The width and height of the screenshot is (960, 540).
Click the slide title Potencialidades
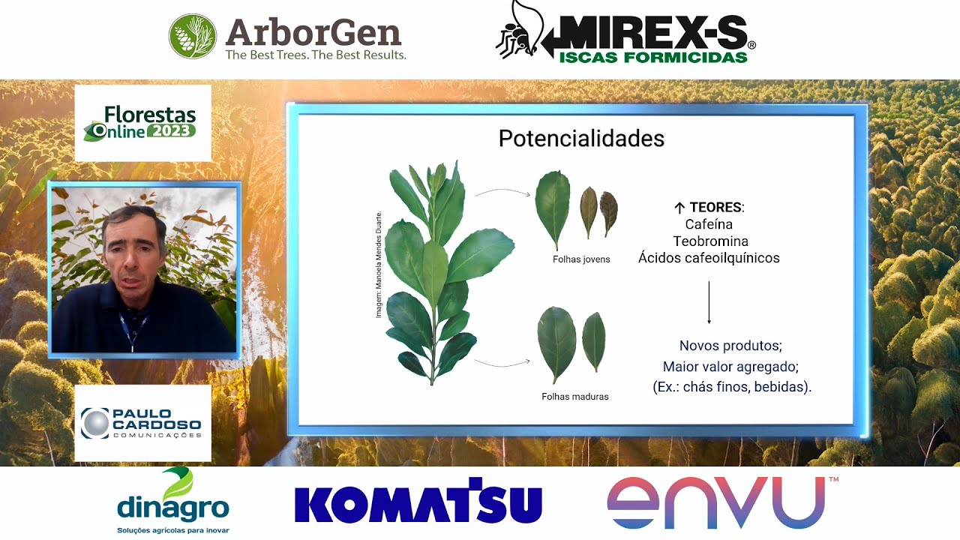pyautogui.click(x=581, y=139)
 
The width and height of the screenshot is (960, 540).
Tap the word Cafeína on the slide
pyautogui.click(x=709, y=224)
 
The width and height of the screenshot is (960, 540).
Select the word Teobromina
pyautogui.click(x=710, y=241)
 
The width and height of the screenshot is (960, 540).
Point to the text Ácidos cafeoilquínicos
pyautogui.click(x=709, y=257)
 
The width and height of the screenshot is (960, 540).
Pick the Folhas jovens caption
pyautogui.click(x=581, y=259)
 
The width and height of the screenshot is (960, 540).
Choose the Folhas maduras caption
pyautogui.click(x=575, y=397)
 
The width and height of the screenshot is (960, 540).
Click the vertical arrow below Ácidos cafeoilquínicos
pyautogui.click(x=709, y=302)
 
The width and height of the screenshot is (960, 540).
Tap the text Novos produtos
pyautogui.click(x=730, y=346)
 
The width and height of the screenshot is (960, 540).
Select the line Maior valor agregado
pyautogui.click(x=730, y=367)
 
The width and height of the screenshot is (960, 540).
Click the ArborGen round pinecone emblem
pyautogui.click(x=193, y=36)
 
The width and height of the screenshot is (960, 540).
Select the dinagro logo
pyautogui.click(x=173, y=500)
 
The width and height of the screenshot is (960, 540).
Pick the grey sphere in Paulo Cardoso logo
pyautogui.click(x=95, y=424)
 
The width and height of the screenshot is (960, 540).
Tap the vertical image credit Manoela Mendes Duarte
pyautogui.click(x=379, y=265)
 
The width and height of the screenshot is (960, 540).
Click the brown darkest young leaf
pyautogui.click(x=608, y=214)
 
